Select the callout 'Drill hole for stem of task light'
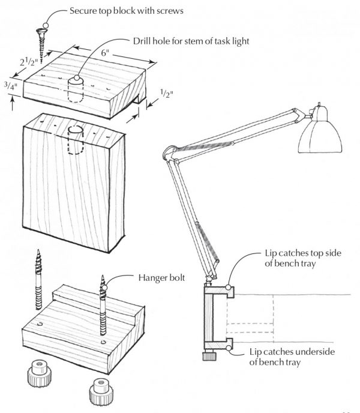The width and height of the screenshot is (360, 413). pyautogui.click(x=191, y=41)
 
